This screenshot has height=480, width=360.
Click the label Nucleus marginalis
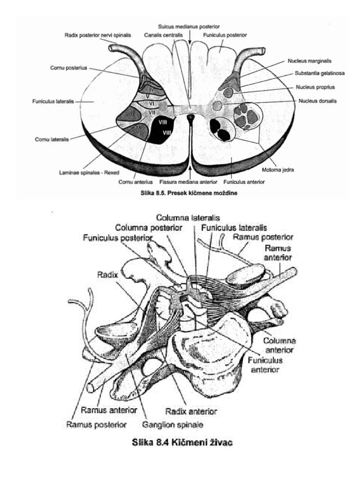309,61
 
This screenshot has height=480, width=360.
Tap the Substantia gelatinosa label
320,74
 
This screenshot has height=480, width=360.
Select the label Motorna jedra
277,170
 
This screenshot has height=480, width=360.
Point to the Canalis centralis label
163,35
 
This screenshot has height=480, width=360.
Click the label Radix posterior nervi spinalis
97,35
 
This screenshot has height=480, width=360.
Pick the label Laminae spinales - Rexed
89,172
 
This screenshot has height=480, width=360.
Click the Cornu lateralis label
52,140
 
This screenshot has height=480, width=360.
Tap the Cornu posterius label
68,68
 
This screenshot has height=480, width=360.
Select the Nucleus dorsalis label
317,101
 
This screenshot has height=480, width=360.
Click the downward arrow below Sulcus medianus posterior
190,39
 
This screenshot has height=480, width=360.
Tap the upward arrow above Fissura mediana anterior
191,170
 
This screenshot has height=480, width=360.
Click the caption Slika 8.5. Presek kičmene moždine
189,193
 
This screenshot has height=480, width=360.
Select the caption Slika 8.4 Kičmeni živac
182,442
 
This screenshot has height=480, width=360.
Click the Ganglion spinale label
172,425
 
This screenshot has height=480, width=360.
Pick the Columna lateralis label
188,218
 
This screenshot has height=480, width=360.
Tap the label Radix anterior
191,412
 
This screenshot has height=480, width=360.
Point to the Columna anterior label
279,345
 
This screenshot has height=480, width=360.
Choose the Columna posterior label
149,228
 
